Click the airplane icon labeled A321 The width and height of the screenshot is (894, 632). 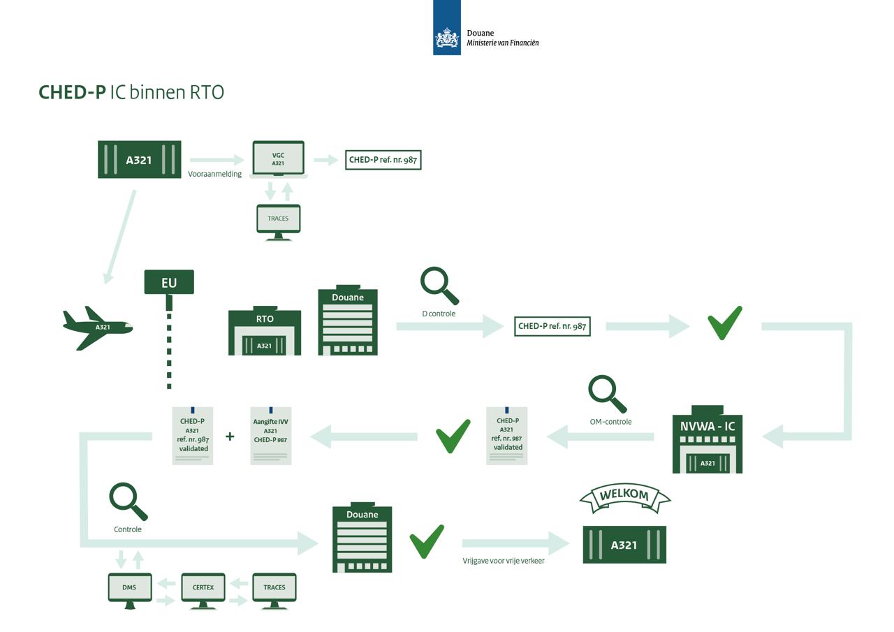[x=98, y=327]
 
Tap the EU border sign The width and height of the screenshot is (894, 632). [x=169, y=282]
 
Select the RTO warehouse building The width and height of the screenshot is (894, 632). [x=265, y=332]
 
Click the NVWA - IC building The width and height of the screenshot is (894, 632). [x=707, y=440]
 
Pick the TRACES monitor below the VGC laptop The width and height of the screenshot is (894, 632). [x=278, y=219]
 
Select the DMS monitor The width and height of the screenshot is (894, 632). [x=129, y=588]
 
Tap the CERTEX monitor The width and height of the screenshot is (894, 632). [x=203, y=588]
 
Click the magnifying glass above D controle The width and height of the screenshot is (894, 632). [x=439, y=285]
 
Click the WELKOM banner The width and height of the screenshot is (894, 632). [x=624, y=496]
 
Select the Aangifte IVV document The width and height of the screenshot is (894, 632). [x=271, y=436]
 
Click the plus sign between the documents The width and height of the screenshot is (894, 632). [x=230, y=436]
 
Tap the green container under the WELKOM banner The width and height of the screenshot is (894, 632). [x=624, y=545]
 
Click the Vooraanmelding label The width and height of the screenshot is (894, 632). [x=214, y=174]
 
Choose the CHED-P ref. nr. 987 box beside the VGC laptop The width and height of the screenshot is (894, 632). [x=383, y=160]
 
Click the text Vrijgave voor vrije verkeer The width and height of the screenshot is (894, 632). [x=503, y=560]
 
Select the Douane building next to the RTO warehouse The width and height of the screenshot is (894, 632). [x=348, y=321]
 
